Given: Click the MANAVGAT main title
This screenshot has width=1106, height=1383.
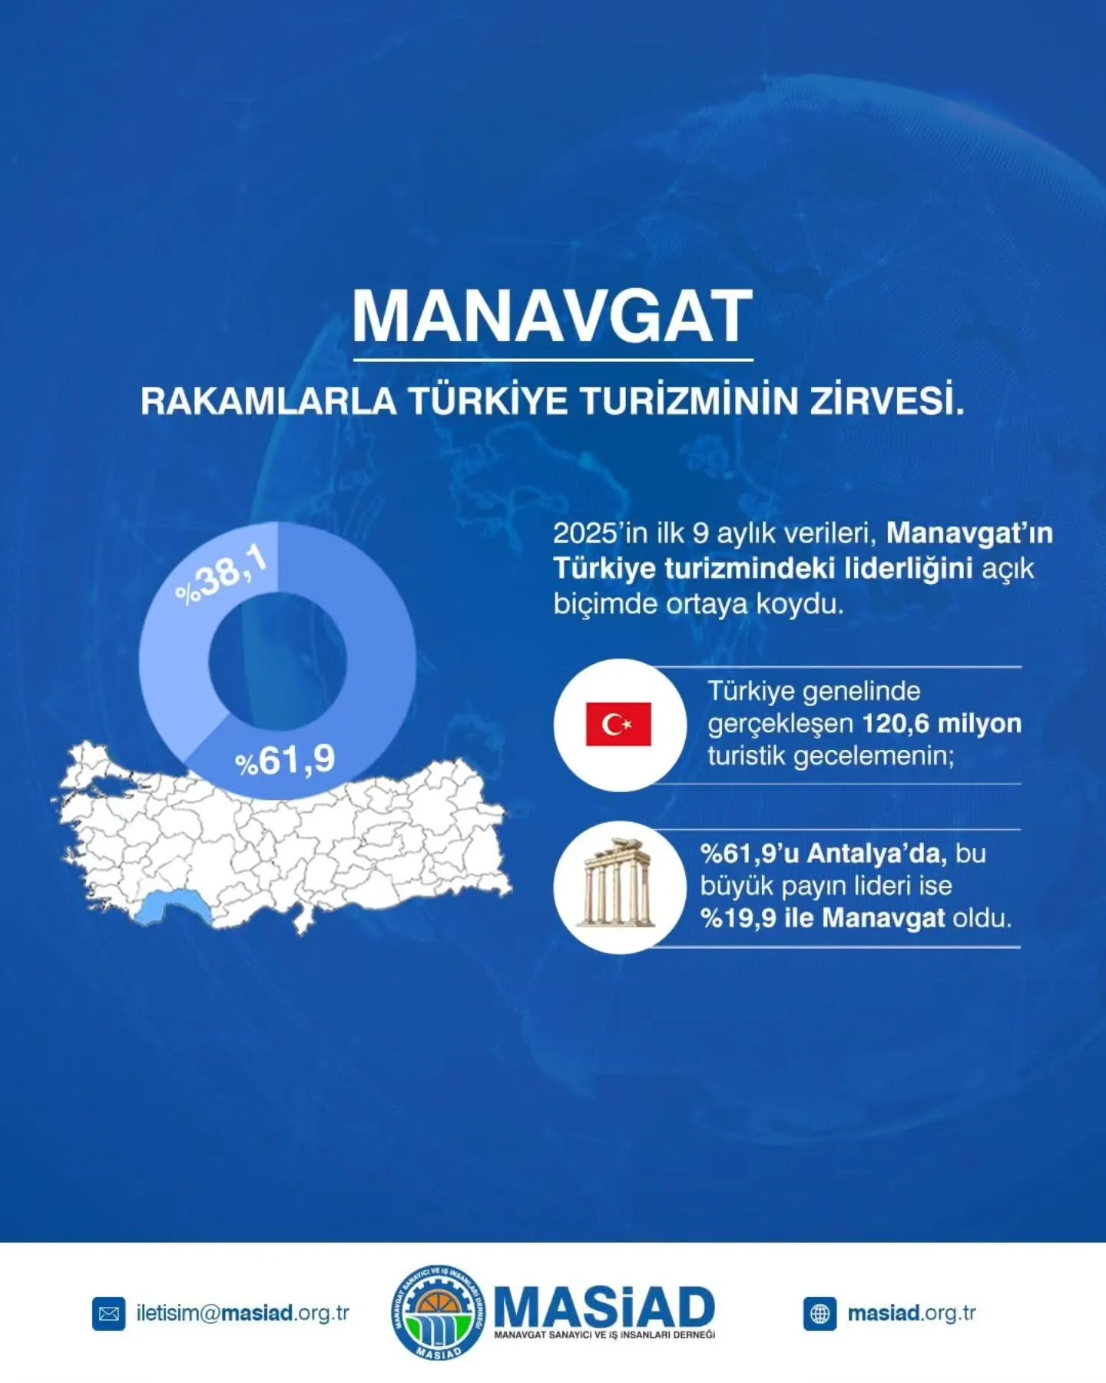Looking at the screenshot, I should (x=551, y=317).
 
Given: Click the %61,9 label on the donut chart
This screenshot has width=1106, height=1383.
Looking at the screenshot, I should (x=286, y=761).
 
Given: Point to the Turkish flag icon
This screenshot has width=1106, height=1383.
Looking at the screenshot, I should (x=618, y=724).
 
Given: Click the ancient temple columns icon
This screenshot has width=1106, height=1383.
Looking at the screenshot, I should (x=618, y=886).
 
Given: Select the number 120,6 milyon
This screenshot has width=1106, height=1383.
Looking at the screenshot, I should (x=942, y=724).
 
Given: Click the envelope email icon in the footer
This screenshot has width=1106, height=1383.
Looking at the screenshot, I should (x=108, y=1314).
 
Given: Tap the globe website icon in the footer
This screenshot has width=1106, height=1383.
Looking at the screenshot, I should (x=820, y=1314).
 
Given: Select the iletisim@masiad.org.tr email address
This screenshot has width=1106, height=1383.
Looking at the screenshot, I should (x=243, y=1313).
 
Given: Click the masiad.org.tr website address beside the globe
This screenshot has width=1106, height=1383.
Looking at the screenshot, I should (x=912, y=1313).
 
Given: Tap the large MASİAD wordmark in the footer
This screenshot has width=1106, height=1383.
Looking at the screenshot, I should (x=604, y=1306).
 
